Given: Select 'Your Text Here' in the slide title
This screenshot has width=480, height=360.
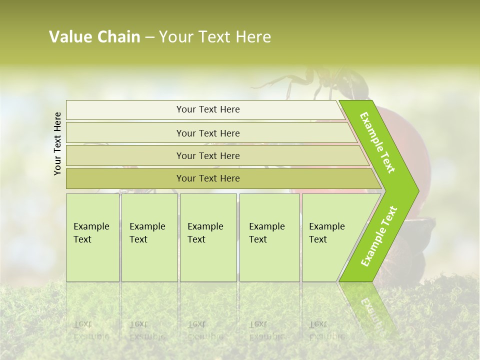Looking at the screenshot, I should (215, 37).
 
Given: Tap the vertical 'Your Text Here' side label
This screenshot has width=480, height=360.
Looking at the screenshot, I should (57, 143).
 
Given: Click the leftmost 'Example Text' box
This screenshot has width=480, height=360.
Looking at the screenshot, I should (92, 237).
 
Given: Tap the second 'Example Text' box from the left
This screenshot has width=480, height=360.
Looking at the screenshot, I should (149, 237).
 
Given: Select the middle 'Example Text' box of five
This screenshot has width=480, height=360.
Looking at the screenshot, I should (208, 237).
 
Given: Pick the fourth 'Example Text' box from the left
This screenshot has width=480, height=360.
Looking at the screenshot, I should (269, 237).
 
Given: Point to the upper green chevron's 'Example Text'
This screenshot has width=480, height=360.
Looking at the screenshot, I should (377, 143).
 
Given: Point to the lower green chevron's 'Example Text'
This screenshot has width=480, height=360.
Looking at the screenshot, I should (378, 236).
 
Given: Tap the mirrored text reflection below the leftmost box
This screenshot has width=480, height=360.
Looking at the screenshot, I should (91, 330).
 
